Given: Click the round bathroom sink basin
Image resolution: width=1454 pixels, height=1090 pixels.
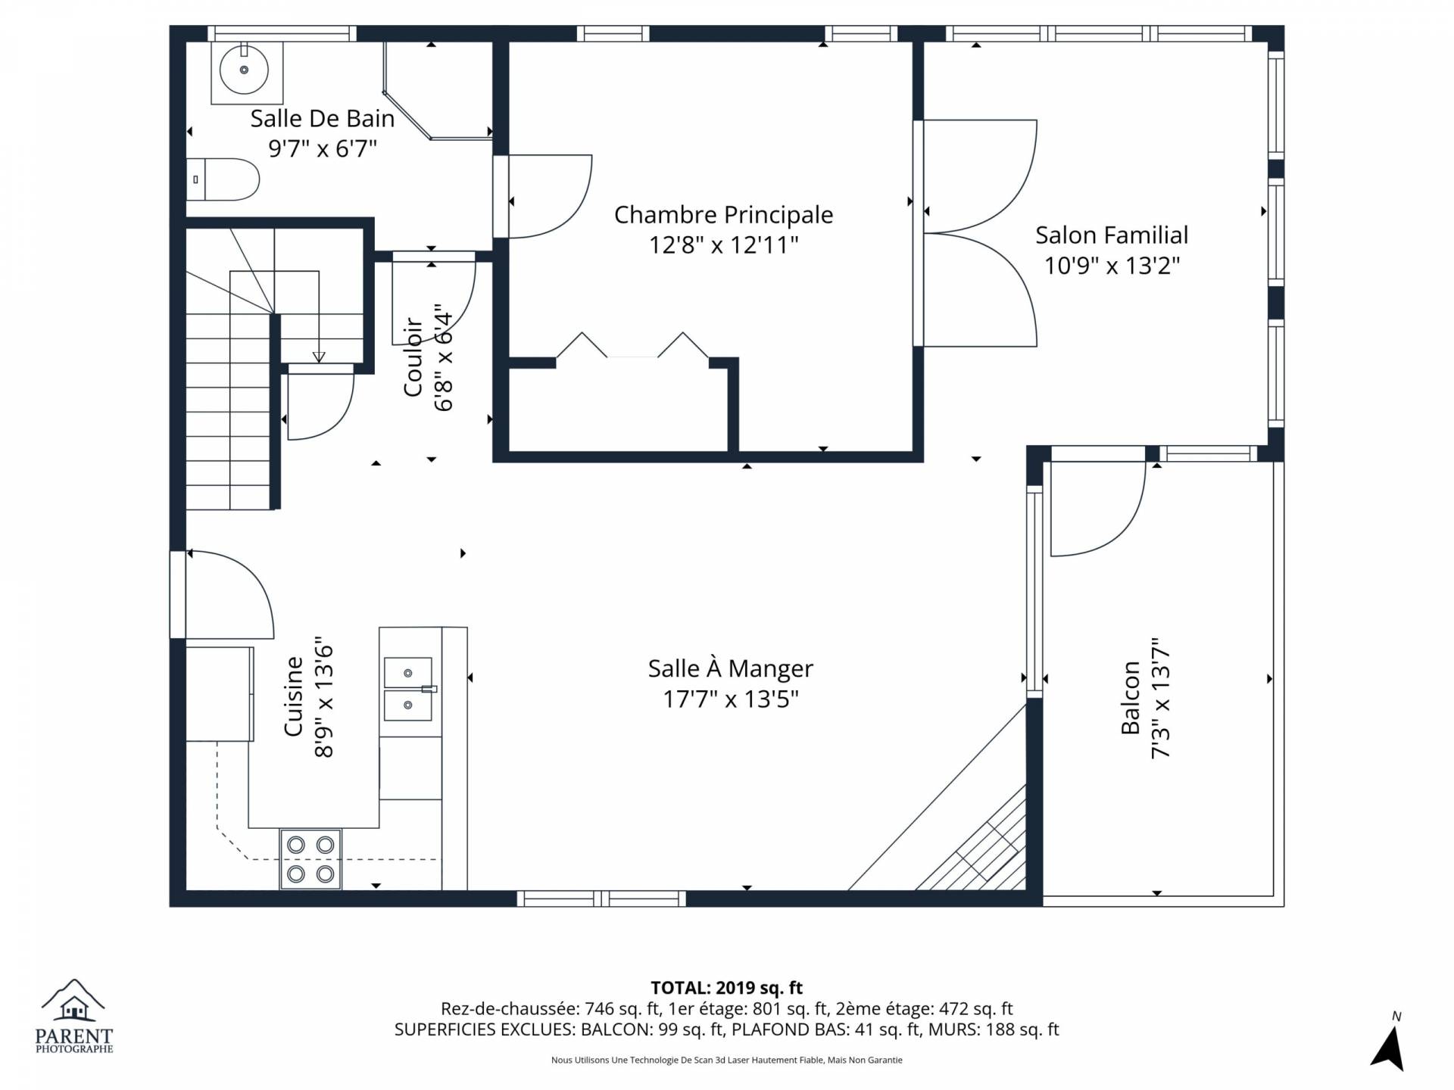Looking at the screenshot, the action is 244,70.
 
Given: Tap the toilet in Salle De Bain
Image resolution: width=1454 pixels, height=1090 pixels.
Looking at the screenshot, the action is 223,179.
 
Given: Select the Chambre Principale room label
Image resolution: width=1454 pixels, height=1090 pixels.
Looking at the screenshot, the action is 723,215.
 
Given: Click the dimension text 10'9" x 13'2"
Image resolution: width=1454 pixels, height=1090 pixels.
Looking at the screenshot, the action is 1112,266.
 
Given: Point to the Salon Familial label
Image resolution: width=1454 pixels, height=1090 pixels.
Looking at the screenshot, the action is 1112,235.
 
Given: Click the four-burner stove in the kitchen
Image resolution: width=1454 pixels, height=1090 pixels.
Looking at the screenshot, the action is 310,858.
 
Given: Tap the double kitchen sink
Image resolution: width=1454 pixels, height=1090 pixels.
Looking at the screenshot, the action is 408,689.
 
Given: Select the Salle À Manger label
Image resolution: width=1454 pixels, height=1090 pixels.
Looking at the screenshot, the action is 731,668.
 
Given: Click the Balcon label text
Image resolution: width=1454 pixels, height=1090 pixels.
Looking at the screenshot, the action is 1131,698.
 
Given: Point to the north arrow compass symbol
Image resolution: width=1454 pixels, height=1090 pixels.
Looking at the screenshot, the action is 1389,1048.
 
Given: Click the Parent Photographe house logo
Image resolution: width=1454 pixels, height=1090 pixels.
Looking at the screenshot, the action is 73,1001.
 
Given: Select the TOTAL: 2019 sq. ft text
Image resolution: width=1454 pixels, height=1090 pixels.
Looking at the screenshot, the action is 727,988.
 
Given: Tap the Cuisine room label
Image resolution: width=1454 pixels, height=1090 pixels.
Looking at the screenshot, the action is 293,696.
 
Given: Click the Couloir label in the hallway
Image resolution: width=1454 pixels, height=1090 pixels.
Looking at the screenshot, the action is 413,357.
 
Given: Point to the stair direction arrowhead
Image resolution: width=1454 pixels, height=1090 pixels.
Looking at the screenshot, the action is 319,357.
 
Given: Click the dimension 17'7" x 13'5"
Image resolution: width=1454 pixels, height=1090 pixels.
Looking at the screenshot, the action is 731,699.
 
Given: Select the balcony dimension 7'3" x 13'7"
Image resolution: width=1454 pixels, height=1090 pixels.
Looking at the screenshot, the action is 1161,698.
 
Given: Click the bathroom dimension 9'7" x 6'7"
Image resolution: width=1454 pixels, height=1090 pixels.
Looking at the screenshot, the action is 323,148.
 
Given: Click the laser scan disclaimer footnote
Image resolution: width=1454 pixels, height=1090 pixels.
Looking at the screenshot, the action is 727,1060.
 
